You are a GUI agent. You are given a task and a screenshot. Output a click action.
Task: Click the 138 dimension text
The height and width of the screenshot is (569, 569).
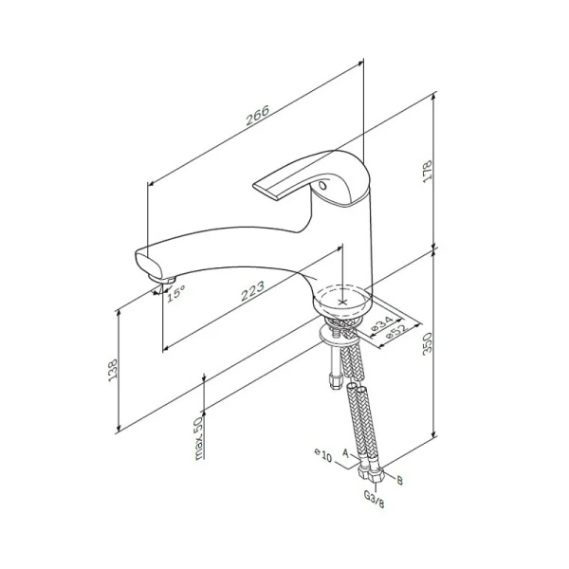pos(112,370)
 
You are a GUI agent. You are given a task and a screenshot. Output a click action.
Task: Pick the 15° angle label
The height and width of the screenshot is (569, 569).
pos(175,294)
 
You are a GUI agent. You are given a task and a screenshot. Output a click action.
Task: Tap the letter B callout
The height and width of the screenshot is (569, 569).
pos(399,481)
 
